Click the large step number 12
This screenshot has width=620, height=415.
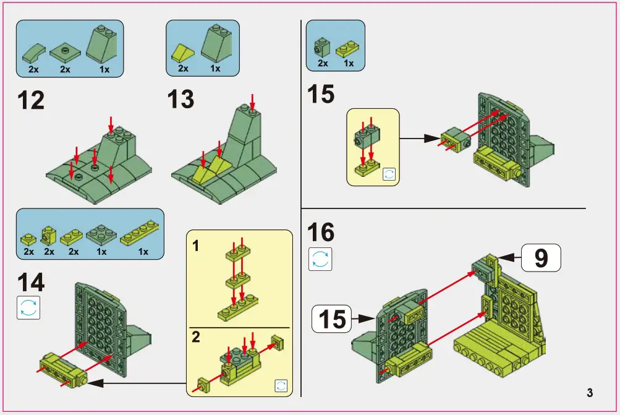[x=31, y=100]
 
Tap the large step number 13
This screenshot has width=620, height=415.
[x=180, y=100]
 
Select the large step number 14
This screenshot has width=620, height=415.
[x=31, y=282]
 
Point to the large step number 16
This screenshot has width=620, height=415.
[x=321, y=233]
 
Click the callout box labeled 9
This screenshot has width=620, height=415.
[x=540, y=257]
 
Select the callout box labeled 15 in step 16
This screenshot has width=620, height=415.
[x=333, y=319]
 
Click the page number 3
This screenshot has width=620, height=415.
[x=590, y=393]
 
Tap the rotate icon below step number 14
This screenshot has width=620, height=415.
[x=28, y=307]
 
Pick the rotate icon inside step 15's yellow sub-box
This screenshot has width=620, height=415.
[x=389, y=174]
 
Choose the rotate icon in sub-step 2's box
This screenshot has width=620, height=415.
[x=281, y=385]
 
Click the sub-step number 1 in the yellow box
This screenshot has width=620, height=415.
[x=195, y=247]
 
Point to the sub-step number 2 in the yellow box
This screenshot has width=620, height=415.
[x=196, y=338]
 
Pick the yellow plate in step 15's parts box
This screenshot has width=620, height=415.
[x=348, y=48]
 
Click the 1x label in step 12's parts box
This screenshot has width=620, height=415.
[x=104, y=70]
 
